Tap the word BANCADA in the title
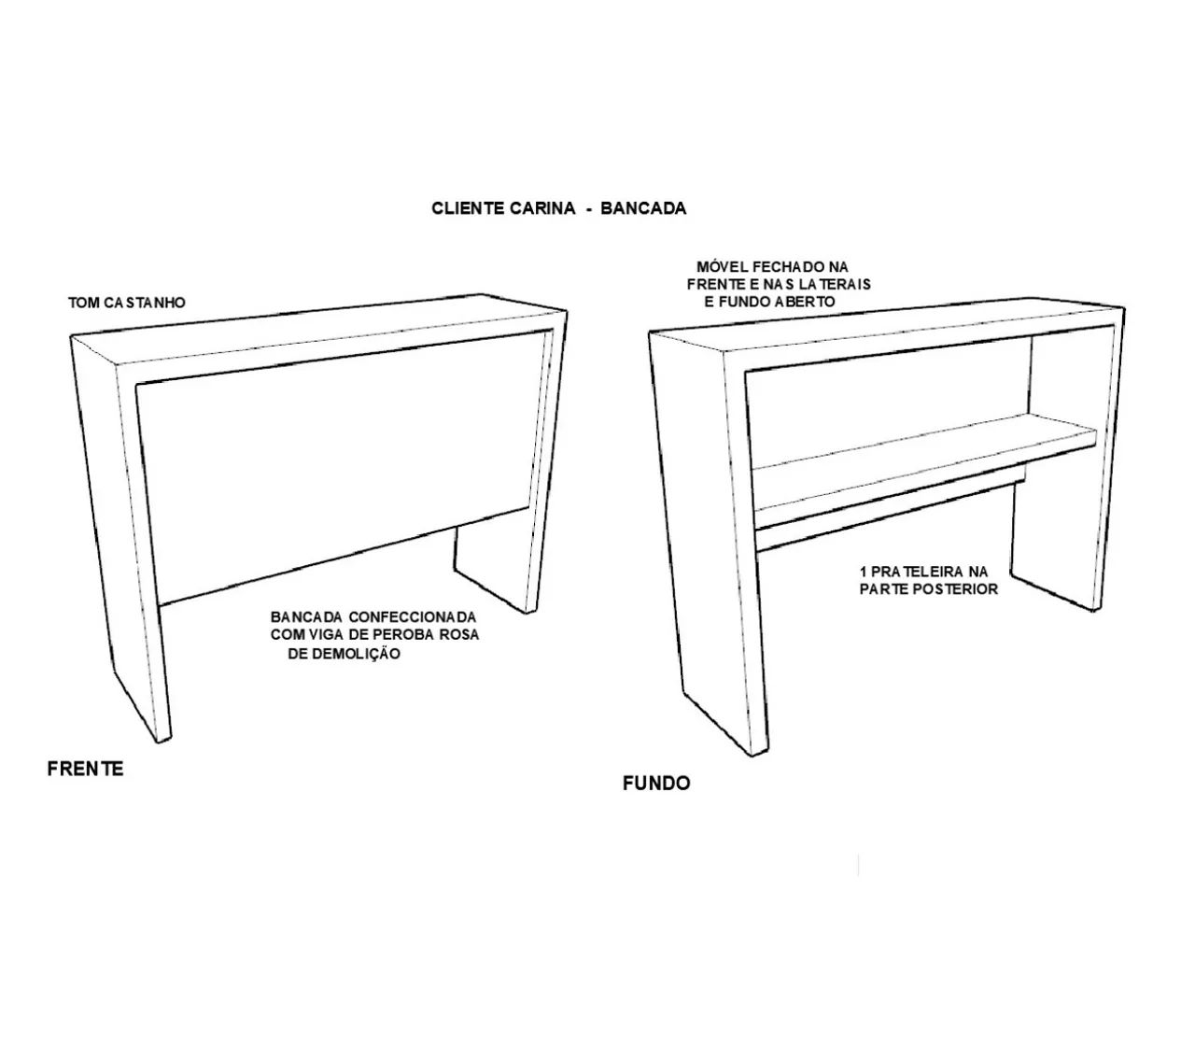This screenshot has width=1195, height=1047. tap(643, 208)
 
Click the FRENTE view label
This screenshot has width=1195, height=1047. tap(85, 769)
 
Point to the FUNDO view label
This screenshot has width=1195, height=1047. tap(656, 783)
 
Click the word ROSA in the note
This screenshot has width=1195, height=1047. tap(459, 634)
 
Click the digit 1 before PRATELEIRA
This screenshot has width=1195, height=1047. tap(864, 571)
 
